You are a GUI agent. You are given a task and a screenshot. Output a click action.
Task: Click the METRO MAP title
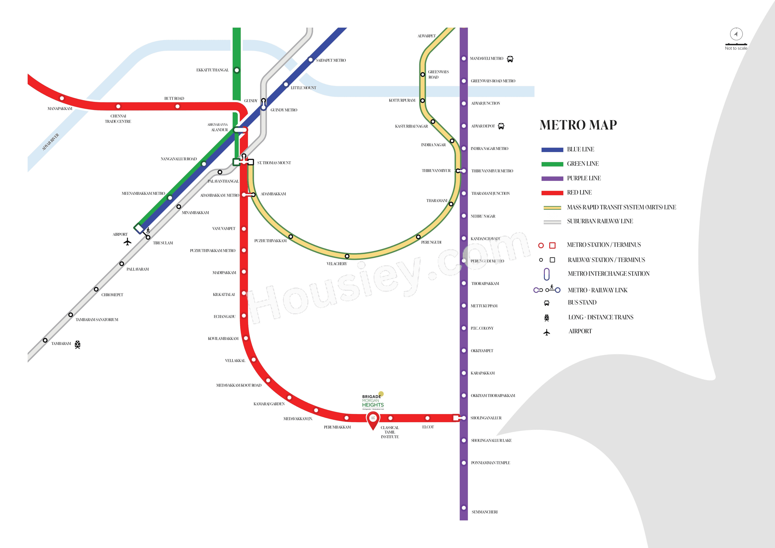[x=578, y=125]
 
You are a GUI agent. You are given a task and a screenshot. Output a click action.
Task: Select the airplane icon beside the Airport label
[x=127, y=242]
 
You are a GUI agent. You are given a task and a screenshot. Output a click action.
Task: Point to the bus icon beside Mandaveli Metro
[x=510, y=59]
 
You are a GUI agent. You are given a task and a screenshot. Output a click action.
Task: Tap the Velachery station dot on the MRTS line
[x=347, y=256]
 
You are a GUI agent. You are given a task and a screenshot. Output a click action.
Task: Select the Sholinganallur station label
[x=486, y=418]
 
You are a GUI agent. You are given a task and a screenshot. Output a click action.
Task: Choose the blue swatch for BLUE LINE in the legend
[x=552, y=150]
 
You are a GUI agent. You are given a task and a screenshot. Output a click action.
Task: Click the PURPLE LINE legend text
[x=584, y=178]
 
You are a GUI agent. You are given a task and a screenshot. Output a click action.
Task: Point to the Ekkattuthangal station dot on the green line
[x=237, y=70]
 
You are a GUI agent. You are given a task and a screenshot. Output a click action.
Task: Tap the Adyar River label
[x=51, y=142]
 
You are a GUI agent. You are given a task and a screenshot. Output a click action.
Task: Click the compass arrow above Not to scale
[x=736, y=34]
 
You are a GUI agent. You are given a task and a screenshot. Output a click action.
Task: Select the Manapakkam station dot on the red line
[x=62, y=98]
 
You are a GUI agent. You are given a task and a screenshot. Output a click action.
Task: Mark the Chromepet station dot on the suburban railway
[x=96, y=289]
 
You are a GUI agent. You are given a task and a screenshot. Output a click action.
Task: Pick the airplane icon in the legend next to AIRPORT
[x=547, y=332]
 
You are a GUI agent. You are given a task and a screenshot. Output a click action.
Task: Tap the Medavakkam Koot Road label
[x=239, y=385]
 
